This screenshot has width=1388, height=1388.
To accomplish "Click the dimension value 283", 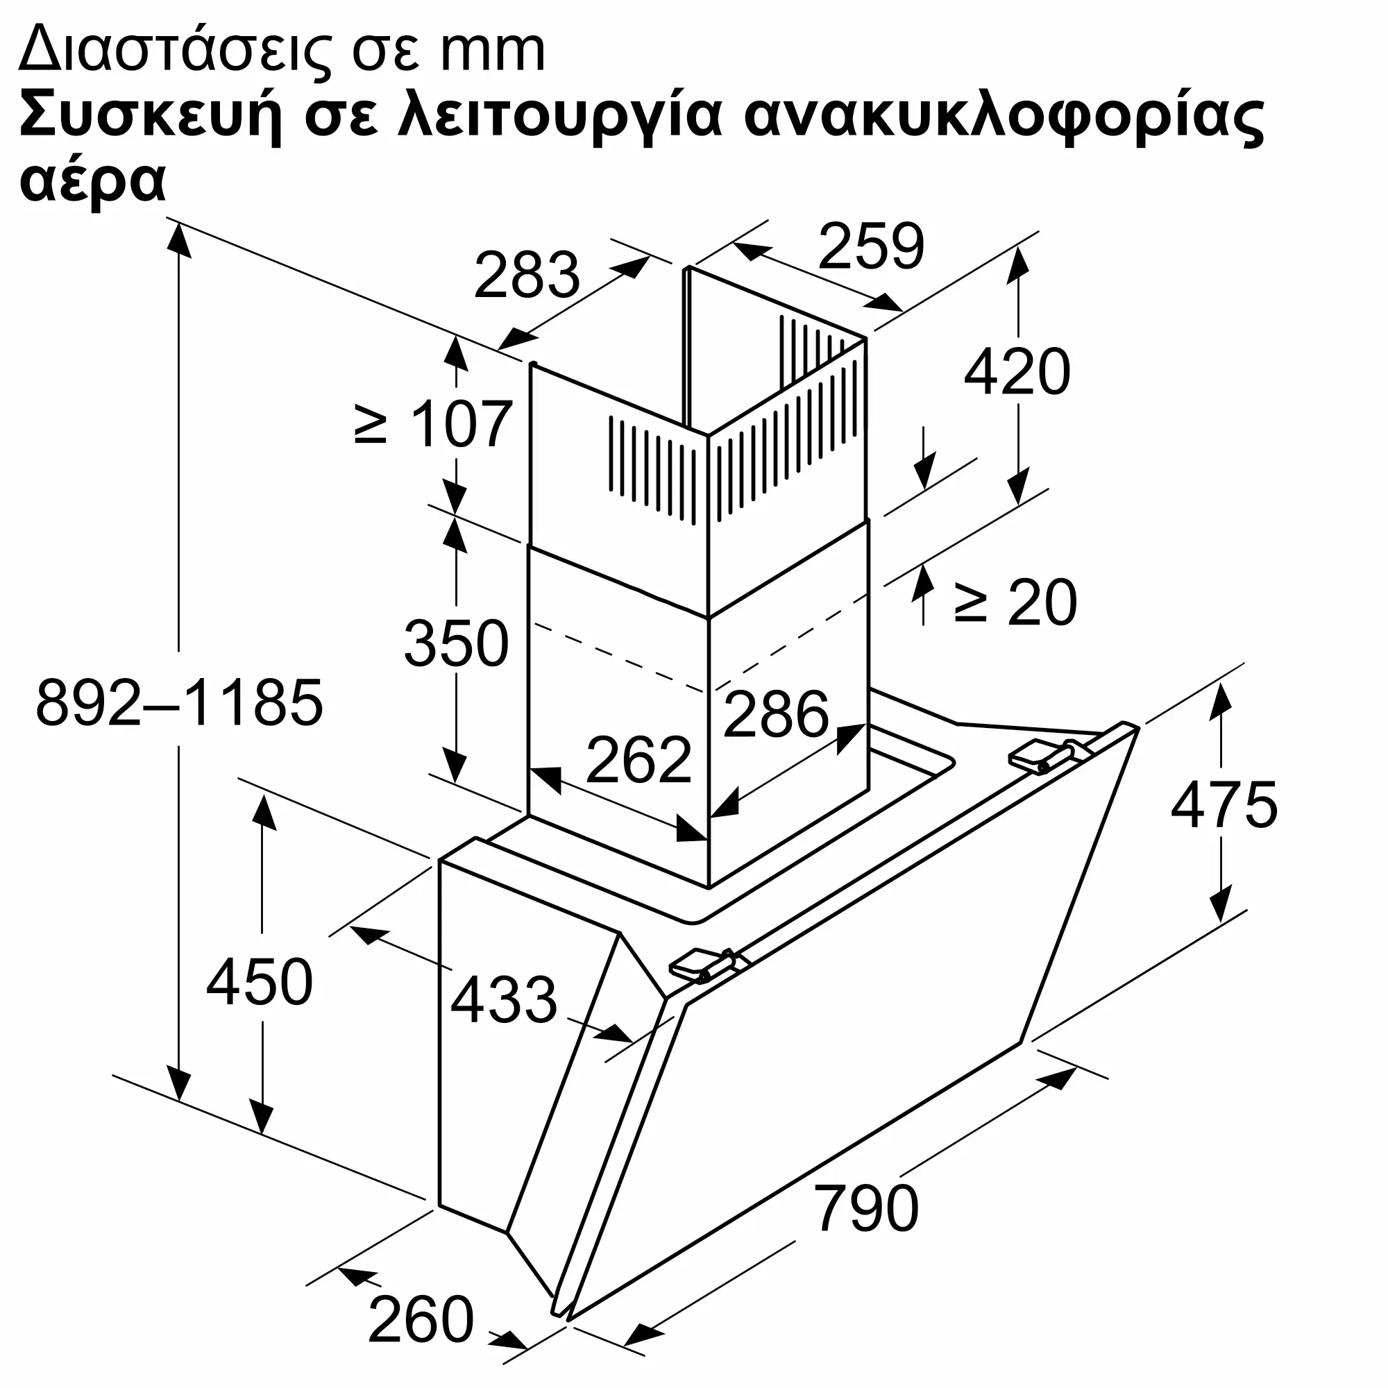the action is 527,275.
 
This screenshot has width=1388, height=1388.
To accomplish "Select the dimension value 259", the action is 870,246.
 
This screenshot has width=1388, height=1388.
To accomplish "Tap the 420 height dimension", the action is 1016,372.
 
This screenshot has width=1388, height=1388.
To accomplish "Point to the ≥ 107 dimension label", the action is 434,425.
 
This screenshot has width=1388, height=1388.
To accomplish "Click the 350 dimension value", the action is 456,644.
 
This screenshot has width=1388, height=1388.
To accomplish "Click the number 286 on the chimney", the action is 776,714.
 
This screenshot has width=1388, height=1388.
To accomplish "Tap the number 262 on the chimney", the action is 638,760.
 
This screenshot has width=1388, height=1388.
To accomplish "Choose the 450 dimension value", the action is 260,981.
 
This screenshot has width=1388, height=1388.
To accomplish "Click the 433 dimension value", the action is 504,999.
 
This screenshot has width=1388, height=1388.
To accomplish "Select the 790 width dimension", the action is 866,1209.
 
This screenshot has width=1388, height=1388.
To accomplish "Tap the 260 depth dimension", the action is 421,1319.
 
